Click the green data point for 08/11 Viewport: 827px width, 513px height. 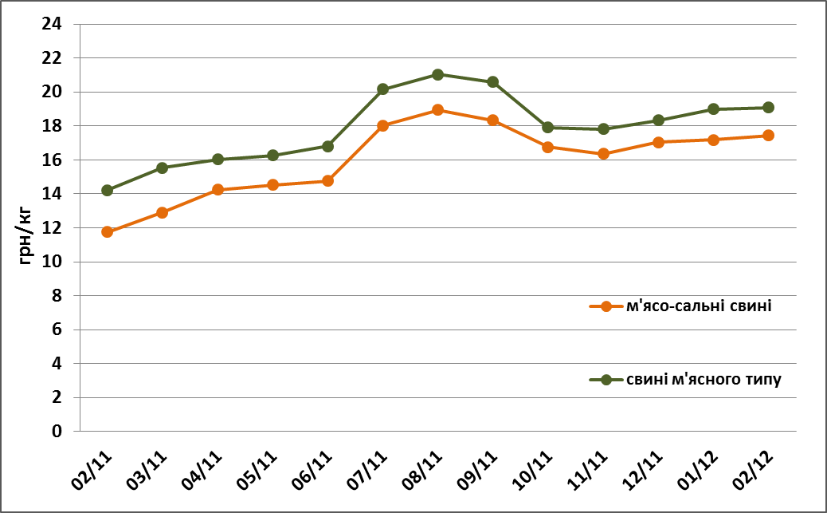click(x=437, y=74)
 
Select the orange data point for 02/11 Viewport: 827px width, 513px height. click(x=107, y=231)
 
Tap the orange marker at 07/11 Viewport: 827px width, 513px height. click(x=382, y=125)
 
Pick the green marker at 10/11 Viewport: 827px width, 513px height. click(x=547, y=127)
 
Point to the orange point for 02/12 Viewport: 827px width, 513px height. click(x=768, y=136)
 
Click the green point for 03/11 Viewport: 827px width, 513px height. click(x=162, y=168)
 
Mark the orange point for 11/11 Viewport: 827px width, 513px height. click(x=603, y=153)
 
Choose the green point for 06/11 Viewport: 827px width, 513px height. click(x=327, y=146)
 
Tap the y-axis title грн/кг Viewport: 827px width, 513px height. click(x=26, y=238)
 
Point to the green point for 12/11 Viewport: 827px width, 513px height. click(x=658, y=120)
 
